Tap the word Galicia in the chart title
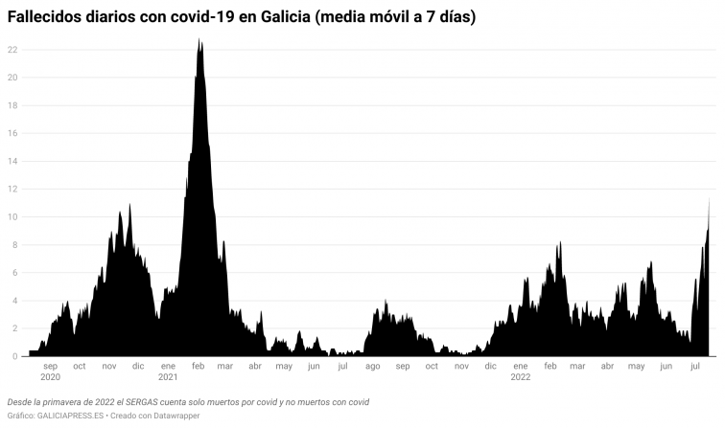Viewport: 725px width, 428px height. tap(290, 17)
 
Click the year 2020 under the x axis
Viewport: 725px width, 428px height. tap(50, 377)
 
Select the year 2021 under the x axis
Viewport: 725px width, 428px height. tap(168, 377)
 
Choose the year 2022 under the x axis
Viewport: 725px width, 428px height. tap(520, 377)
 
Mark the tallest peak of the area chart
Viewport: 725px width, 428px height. tap(199, 40)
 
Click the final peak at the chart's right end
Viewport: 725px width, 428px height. tap(709, 200)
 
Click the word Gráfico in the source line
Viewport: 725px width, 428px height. tap(20, 417)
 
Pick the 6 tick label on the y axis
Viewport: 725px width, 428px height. tap(12, 273)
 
